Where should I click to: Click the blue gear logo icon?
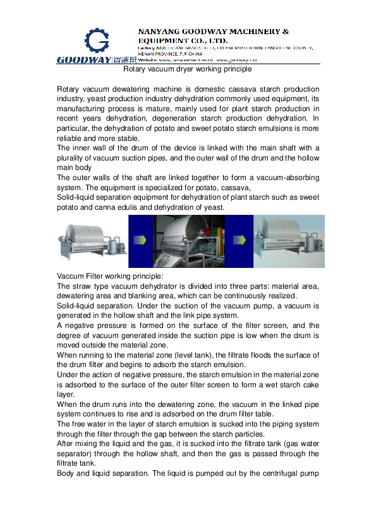click(97, 41)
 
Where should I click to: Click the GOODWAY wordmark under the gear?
click(83, 60)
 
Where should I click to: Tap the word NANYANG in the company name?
click(158, 31)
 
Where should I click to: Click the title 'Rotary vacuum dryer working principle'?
click(187, 69)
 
